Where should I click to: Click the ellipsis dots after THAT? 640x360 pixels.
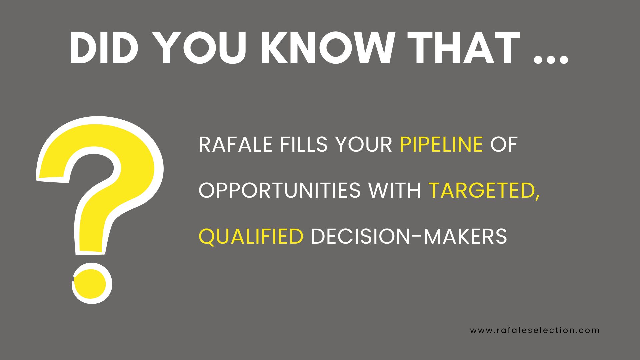(550, 59)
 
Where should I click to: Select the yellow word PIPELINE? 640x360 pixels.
(441, 145)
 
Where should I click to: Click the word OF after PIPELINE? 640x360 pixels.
(504, 145)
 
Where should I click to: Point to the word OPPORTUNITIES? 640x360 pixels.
(279, 191)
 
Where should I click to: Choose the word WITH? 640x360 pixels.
(395, 191)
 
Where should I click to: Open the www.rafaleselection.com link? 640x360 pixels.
(535, 330)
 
